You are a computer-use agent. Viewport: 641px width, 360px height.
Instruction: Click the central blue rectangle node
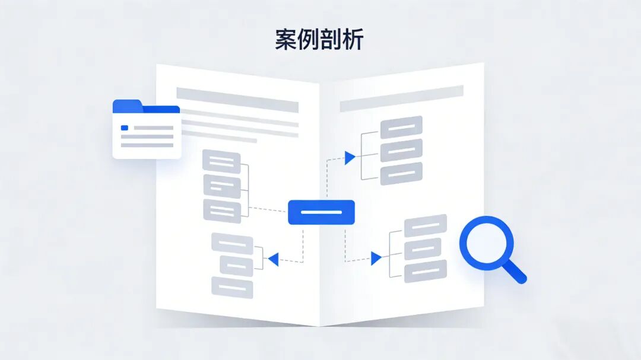point(321,212)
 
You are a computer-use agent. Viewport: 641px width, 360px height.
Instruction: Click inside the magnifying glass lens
point(486,243)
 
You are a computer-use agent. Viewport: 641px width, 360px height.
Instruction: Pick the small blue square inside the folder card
point(125,128)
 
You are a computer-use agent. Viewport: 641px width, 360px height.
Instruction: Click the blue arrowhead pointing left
point(273,259)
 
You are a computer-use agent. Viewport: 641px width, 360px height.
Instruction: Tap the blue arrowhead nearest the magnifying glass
point(376,258)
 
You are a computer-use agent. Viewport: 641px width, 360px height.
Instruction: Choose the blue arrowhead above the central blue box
point(350,157)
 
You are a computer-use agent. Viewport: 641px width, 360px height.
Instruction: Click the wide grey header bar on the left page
point(237,100)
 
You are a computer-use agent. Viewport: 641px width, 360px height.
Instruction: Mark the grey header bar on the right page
point(401,98)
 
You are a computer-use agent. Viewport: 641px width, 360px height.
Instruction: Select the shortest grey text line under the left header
point(219,141)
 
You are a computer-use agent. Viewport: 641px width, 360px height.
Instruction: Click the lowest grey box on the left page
point(232,288)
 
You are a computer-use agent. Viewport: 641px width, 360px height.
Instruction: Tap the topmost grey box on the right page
point(401,126)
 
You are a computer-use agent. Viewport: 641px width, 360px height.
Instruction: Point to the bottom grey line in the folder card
point(147,144)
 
